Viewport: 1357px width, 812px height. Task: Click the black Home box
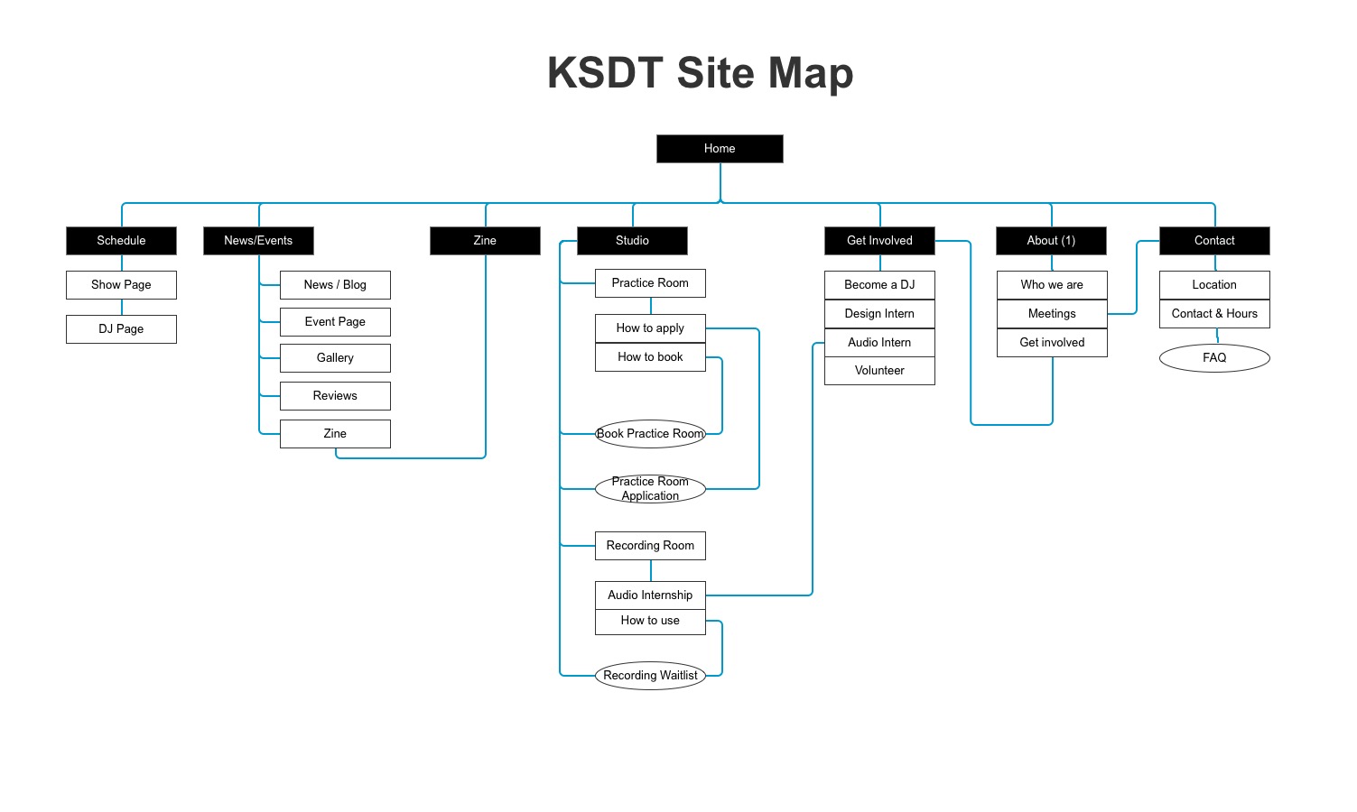pos(720,149)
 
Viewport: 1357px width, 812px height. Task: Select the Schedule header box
pos(121,241)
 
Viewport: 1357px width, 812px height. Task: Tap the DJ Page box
pos(121,329)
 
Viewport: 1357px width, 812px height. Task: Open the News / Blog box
pos(335,285)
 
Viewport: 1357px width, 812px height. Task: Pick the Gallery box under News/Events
pos(335,358)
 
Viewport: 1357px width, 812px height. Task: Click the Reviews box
pos(335,396)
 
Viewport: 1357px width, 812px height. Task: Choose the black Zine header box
pos(485,241)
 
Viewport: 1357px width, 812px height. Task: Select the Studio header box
pos(633,241)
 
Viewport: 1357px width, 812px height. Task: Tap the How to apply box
pos(651,328)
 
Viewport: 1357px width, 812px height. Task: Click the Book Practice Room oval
pos(651,434)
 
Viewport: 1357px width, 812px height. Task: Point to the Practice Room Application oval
pos(651,489)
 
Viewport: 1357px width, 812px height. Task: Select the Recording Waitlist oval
pos(651,675)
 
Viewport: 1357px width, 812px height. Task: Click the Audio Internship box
pos(651,595)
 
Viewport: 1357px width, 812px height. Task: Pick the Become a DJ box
pos(879,285)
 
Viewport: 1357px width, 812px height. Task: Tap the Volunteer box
pos(879,371)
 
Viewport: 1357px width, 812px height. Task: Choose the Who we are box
pos(1052,285)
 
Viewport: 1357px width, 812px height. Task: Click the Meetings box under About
pos(1052,314)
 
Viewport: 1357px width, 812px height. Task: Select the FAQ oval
pos(1214,358)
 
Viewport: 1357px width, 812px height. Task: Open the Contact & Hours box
pos(1214,314)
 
